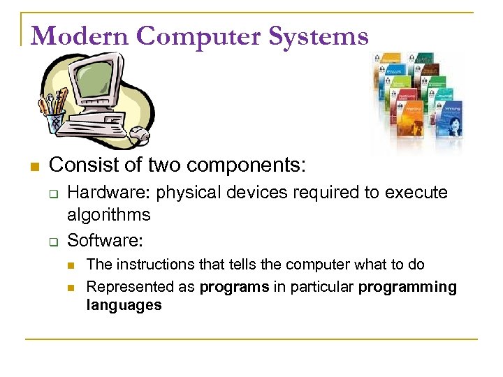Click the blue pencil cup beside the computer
(x=54, y=123)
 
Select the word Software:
(x=105, y=240)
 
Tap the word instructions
(x=147, y=265)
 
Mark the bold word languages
(x=124, y=305)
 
